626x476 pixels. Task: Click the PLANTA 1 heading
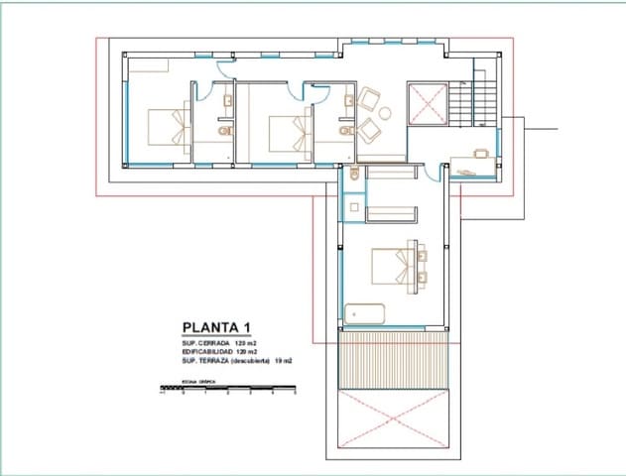(x=218, y=328)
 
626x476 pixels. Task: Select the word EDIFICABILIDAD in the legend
(x=206, y=352)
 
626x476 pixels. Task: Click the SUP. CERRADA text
(x=204, y=343)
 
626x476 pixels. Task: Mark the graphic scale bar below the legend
(x=229, y=387)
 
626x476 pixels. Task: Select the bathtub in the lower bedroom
(x=365, y=313)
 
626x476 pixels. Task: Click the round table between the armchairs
(x=384, y=112)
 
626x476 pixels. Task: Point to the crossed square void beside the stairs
(x=428, y=103)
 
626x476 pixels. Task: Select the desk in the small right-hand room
(x=480, y=154)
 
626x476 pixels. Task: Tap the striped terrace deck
(x=395, y=358)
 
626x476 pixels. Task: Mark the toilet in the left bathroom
(x=224, y=130)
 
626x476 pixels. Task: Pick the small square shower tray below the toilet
(x=353, y=208)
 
